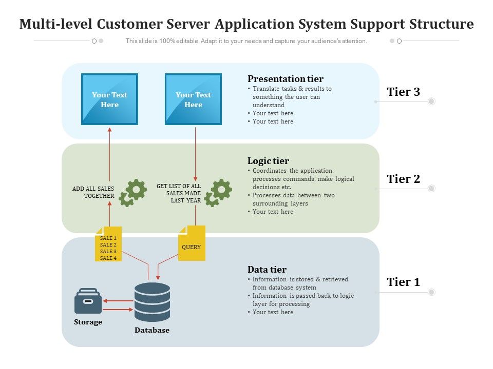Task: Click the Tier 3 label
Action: click(x=403, y=92)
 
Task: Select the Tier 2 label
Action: click(x=403, y=179)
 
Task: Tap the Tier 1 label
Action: click(x=403, y=282)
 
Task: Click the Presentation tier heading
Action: click(x=286, y=79)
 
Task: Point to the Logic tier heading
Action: click(x=268, y=161)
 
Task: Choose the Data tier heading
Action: click(x=267, y=270)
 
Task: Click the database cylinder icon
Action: click(x=152, y=302)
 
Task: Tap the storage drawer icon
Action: click(x=88, y=301)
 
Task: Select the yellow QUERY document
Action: click(x=192, y=243)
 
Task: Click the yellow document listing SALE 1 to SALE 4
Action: click(x=108, y=244)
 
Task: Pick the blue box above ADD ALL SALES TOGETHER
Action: click(x=109, y=99)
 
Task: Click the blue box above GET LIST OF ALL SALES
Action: click(x=193, y=99)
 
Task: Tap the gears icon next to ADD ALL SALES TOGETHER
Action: click(x=132, y=193)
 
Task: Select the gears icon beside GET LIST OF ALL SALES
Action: click(x=218, y=193)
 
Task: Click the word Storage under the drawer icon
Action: click(x=88, y=322)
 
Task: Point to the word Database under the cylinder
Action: click(x=152, y=331)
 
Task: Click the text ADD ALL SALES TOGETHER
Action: click(x=93, y=192)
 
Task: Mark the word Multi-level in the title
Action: click(x=56, y=24)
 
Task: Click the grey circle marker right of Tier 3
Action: click(x=431, y=101)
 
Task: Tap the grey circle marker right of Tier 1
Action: click(x=431, y=292)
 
